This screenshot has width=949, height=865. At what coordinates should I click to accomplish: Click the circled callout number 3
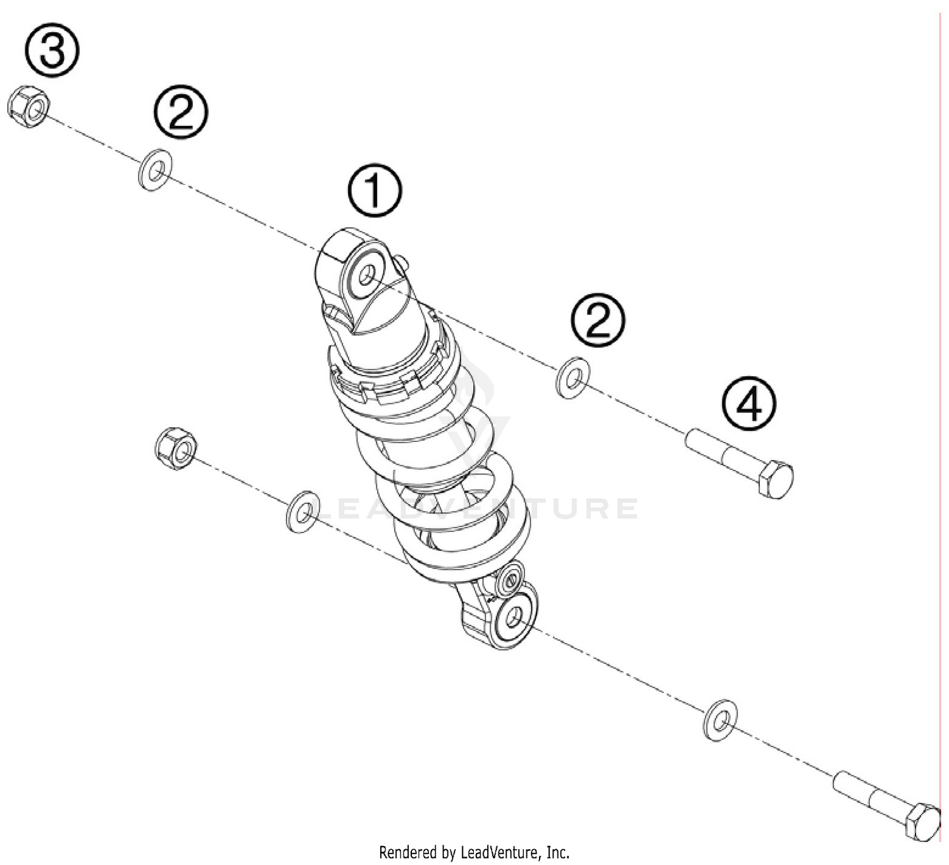(53, 51)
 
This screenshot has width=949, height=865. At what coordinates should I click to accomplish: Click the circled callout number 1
(375, 190)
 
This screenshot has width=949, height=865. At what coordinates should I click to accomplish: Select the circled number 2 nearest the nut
(181, 112)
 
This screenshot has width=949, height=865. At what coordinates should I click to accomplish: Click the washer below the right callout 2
(573, 378)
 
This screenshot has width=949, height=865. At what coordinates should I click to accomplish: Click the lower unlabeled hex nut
(175, 448)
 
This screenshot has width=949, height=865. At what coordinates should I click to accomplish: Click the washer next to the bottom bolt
(720, 720)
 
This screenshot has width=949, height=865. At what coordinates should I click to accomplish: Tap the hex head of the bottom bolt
(922, 822)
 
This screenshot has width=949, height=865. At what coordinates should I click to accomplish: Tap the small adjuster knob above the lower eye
(509, 578)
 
